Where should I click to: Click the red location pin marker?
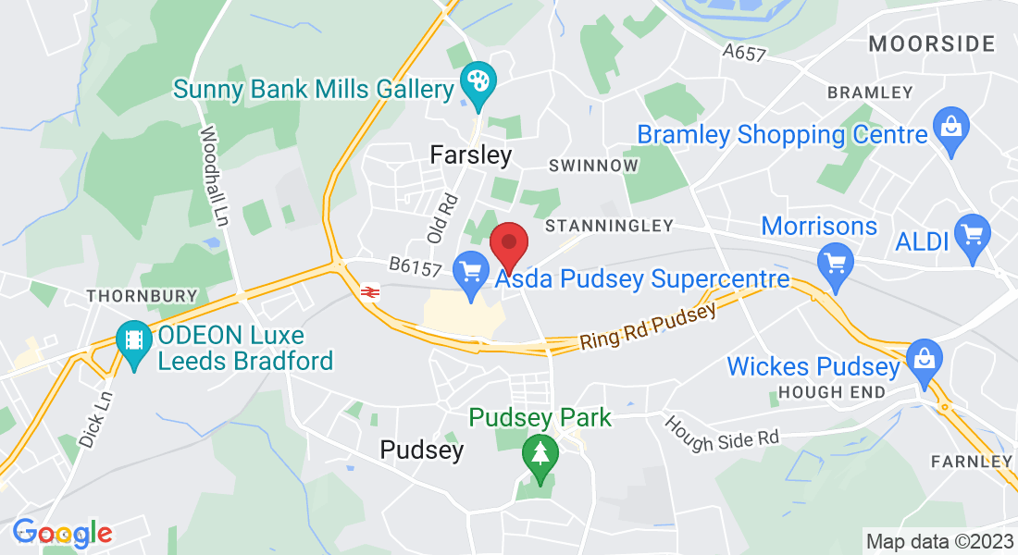508,244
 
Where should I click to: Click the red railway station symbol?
369,292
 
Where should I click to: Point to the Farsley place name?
471,155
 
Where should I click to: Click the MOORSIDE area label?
932,43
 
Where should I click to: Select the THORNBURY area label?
142,296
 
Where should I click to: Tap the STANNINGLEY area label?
608,225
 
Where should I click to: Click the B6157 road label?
413,266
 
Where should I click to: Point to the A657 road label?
745,53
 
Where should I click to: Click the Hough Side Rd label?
722,434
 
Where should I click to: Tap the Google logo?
62,533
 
